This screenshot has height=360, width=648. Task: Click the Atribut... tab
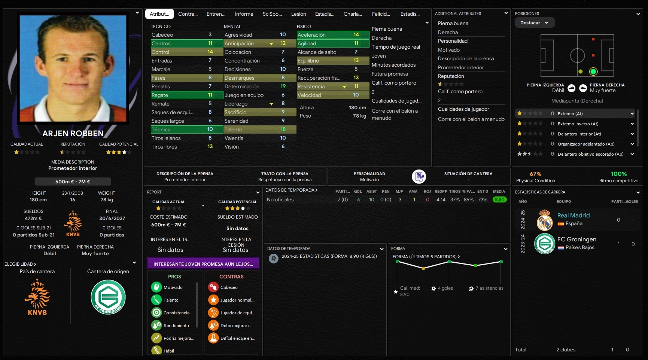159,14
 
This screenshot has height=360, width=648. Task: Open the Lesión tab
298,14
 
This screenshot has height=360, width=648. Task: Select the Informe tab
244,14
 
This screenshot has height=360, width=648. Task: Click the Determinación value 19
283,86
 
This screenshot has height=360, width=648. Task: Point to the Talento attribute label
233,129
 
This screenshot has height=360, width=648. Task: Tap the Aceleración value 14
356,35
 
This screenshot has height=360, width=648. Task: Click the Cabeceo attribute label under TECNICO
162,35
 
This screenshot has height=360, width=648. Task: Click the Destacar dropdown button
534,23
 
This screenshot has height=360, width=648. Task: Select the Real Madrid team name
573,216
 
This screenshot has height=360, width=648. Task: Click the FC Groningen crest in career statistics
545,244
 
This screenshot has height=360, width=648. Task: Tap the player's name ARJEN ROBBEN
73,134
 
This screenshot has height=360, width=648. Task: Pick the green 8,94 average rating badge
499,200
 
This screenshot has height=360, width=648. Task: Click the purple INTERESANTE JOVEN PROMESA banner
203,264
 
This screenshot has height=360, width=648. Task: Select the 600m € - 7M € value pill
73,181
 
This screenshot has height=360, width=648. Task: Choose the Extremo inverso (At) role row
578,124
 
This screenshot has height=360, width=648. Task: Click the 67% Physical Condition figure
535,174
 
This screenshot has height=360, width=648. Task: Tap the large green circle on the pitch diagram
593,71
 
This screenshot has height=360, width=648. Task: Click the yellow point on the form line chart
423,268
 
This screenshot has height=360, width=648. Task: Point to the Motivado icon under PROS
156,287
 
